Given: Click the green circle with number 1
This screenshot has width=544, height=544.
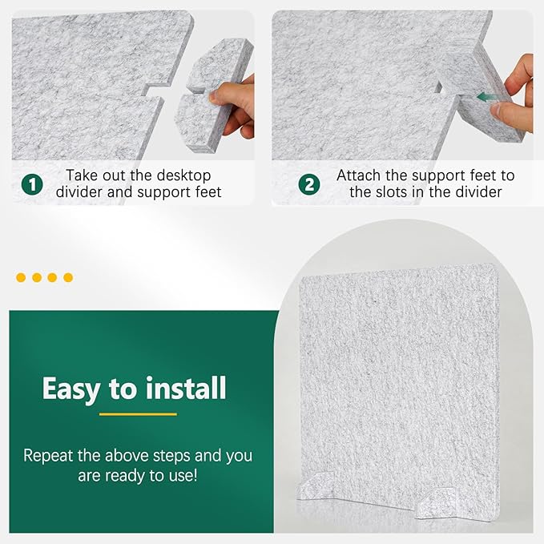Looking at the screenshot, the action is coord(32,184).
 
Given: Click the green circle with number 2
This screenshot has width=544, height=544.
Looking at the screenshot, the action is coord(309,184).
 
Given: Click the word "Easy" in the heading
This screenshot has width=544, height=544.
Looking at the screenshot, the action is coord(71,389).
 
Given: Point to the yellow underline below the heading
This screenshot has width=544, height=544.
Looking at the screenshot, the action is coord(138,414).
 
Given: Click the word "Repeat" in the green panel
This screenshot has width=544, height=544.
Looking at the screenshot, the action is coord(49,456).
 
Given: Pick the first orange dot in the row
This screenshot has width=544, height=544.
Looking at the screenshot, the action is coord(21,277).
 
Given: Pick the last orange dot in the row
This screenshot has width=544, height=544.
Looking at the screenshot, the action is coord(68,277).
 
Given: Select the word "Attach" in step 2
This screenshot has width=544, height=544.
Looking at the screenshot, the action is coord(358,175).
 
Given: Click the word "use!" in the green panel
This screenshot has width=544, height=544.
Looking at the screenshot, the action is coord(183,475).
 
